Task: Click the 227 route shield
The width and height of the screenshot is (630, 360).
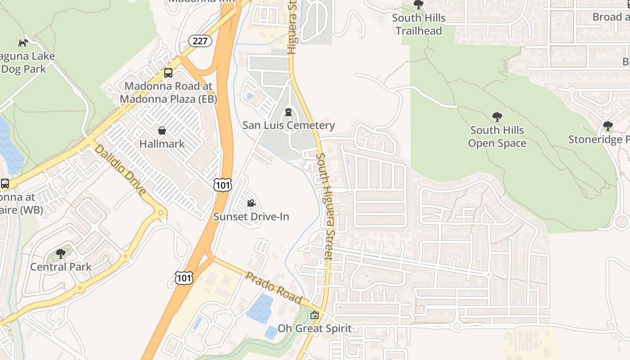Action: pos(200,41)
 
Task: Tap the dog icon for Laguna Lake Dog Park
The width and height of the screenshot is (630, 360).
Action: pos(23,43)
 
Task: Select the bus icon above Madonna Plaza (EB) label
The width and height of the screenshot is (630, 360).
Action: pos(168,72)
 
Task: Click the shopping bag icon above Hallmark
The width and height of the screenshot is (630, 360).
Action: pos(162,131)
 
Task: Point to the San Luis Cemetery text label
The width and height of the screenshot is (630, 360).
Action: pos(288,125)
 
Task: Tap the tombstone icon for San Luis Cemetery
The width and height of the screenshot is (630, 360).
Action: pos(288,112)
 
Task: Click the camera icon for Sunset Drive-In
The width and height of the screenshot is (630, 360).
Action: pos(251,203)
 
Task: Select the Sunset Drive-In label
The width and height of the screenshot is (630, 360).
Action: pos(251,216)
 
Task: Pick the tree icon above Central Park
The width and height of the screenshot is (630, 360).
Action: pos(61,254)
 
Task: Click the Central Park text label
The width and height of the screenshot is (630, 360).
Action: pos(61,267)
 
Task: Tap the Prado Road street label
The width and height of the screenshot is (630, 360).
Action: pos(273,287)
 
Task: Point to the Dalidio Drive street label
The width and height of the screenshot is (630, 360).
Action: pos(120,170)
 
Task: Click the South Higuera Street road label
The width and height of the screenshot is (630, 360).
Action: pos(324,206)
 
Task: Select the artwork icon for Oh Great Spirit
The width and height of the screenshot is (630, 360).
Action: pos(315,315)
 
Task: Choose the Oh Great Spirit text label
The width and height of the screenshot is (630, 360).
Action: pos(315,328)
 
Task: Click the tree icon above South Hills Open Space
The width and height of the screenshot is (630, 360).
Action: pos(497,117)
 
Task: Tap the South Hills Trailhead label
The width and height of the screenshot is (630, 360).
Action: pos(418,24)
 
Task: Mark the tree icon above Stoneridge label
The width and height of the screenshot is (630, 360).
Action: pos(608,126)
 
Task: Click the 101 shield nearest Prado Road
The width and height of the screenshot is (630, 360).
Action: pos(184,278)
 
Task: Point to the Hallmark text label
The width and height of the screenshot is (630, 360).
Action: pos(162,144)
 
